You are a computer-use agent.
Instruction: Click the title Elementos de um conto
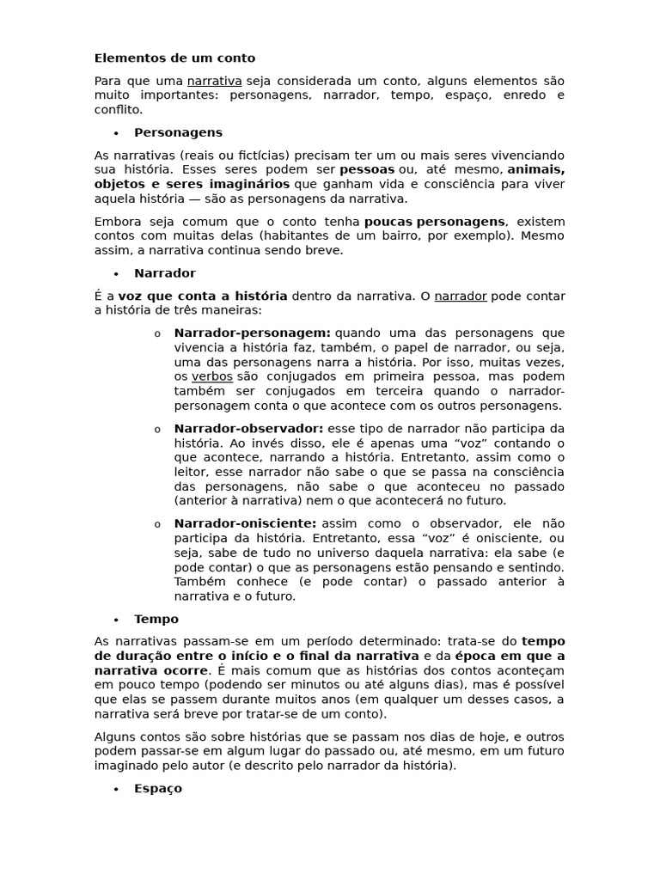pyautogui.click(x=174, y=58)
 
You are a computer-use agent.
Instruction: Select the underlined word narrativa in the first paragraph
pyautogui.click(x=214, y=81)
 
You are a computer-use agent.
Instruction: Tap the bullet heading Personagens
pyautogui.click(x=178, y=132)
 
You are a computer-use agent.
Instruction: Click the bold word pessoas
pyautogui.click(x=367, y=170)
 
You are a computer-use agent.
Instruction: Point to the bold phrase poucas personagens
pyautogui.click(x=435, y=222)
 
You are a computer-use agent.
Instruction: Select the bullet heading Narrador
pyautogui.click(x=165, y=273)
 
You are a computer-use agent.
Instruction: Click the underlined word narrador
pyautogui.click(x=460, y=296)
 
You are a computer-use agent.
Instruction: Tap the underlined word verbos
pyautogui.click(x=211, y=376)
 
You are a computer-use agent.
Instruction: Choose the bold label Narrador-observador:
pyautogui.click(x=248, y=428)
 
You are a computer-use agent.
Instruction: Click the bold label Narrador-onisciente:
pyautogui.click(x=245, y=523)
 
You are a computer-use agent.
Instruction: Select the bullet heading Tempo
pyautogui.click(x=156, y=619)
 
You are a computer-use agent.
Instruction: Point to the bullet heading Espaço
pyautogui.click(x=158, y=788)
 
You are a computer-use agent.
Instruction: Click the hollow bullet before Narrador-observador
pyautogui.click(x=157, y=430)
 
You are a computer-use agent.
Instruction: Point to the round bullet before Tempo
pyautogui.click(x=116, y=620)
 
